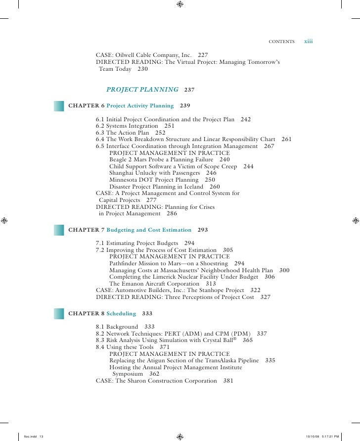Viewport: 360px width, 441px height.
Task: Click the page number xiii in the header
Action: point(308,41)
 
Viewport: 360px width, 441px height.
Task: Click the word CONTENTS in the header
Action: point(281,42)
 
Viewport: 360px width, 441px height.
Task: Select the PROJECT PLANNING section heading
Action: point(142,90)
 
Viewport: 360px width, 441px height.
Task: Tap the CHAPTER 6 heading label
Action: point(86,105)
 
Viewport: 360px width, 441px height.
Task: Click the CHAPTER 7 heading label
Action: point(86,230)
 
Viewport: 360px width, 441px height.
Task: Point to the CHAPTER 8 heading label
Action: point(86,313)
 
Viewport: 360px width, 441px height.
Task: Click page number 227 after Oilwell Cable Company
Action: point(203,55)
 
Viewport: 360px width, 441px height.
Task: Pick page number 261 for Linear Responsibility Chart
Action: point(287,140)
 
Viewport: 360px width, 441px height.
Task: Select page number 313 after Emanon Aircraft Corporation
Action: point(211,284)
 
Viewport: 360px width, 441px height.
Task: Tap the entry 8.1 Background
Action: point(117,327)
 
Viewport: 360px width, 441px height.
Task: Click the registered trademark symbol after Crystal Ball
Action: point(234,340)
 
